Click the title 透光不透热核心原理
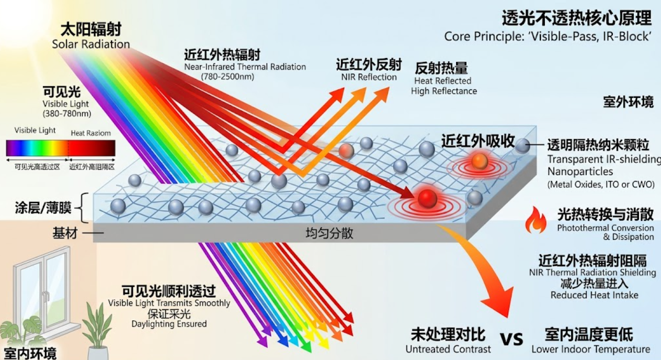click(577, 18)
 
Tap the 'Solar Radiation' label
click(91, 44)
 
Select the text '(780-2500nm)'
click(227, 77)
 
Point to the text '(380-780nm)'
click(67, 114)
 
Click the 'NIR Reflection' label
click(369, 77)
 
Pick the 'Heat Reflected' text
click(442, 81)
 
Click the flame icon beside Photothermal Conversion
click(535, 220)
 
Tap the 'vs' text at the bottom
click(511, 339)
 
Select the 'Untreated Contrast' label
click(448, 350)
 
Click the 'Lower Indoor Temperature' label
click(591, 350)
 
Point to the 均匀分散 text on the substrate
click(329, 233)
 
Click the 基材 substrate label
click(65, 233)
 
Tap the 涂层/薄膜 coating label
click(43, 208)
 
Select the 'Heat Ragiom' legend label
click(90, 133)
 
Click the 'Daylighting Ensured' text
click(169, 324)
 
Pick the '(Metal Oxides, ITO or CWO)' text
click(601, 185)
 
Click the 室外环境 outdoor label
click(628, 102)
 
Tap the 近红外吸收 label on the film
click(478, 141)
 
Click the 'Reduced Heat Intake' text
click(594, 295)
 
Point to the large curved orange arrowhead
click(499, 301)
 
